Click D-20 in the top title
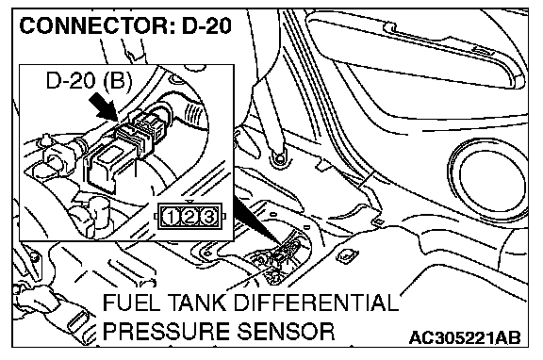point(206,25)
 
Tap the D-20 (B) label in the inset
point(89,81)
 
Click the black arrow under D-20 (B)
point(103,108)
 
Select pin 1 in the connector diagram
point(171,217)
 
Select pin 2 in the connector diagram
point(189,217)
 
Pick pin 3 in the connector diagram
point(208,217)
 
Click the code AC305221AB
point(465,337)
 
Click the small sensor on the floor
point(281,255)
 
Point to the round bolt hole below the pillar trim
point(279,158)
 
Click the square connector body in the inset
point(103,167)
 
